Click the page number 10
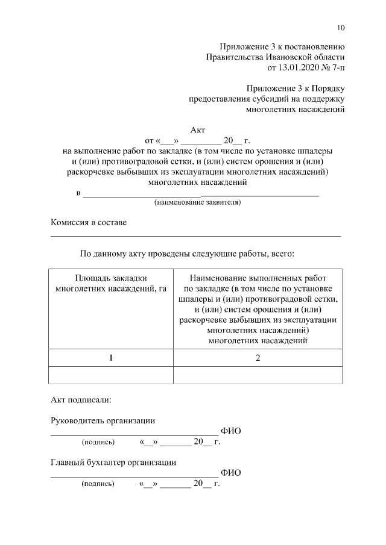(x=341, y=28)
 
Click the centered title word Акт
(x=198, y=130)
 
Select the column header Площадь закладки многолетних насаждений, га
(x=110, y=283)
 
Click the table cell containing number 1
(x=110, y=358)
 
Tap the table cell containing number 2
(x=258, y=358)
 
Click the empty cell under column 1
(x=110, y=375)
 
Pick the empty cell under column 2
(x=258, y=375)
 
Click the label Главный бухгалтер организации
(x=113, y=462)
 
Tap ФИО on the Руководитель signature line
(x=231, y=431)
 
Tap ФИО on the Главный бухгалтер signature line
(x=231, y=473)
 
